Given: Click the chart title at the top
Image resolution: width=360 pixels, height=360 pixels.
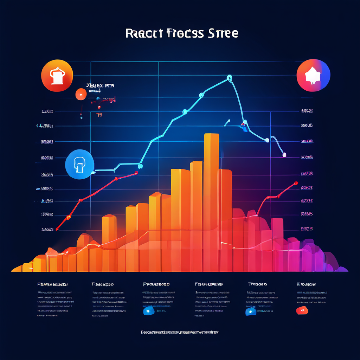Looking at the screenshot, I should coord(181,33).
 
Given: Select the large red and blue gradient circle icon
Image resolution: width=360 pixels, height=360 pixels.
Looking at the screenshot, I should coord(313,76).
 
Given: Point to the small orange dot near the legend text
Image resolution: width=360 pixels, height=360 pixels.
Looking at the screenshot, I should coord(81,94).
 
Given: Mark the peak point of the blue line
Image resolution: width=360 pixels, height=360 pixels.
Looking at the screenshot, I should coord(230,77).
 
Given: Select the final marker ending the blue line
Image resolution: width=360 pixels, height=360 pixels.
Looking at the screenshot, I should coord(284,154).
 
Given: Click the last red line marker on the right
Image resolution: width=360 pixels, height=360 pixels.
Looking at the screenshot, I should coord(296,183).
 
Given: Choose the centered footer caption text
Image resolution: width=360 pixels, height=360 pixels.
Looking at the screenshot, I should coord(180,332).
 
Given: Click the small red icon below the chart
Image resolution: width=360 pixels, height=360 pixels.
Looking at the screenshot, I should coord(302,310).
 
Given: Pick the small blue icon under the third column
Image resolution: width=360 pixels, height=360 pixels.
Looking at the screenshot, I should coord(148,310).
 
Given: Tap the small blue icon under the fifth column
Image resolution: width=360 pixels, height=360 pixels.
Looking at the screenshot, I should coord(250,311).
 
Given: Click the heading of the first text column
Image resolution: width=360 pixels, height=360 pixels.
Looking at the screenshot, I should coord(53,284).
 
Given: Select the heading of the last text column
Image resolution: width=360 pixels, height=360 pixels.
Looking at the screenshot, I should coord(306,284).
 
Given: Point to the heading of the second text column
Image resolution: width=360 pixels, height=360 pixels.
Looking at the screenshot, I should coord(103,284).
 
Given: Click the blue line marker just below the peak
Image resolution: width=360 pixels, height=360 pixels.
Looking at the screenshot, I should coord(201,95).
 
